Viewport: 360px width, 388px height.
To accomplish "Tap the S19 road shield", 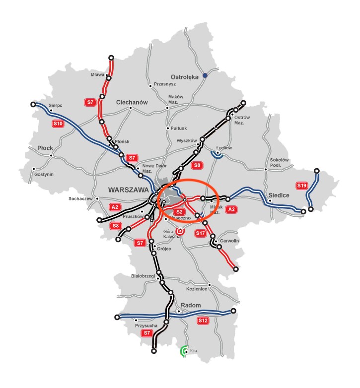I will (301, 186).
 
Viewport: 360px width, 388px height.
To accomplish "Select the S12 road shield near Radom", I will (203, 321).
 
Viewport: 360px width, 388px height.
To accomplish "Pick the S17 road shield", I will (200, 233).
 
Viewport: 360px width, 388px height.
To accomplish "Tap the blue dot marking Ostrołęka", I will (205, 76).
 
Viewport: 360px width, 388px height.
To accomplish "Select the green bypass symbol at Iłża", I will (185, 351).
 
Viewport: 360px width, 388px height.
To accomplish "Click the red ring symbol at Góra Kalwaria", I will (180, 231).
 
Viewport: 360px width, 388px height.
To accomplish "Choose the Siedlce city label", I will (278, 195).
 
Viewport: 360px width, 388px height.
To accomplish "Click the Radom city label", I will (190, 305).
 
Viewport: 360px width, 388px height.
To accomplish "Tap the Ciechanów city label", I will (132, 102).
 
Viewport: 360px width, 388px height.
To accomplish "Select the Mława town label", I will (97, 75).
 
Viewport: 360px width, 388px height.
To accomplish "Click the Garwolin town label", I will (229, 241).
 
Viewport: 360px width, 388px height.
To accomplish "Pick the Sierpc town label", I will (55, 105).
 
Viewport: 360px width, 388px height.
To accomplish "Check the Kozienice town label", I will (196, 288).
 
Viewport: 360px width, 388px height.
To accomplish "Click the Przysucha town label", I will (146, 325).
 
